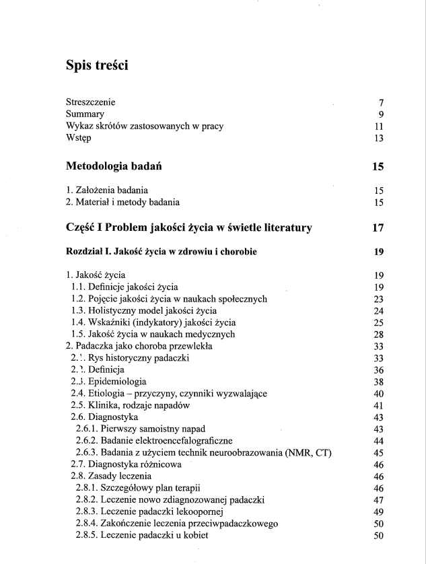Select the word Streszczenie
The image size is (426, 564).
click(91, 102)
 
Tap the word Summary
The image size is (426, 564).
click(85, 114)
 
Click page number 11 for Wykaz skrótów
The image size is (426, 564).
click(379, 127)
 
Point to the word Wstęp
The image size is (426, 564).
click(79, 139)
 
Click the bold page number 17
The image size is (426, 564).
click(378, 227)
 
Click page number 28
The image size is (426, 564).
click(378, 334)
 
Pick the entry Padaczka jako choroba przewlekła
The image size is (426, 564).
click(139, 347)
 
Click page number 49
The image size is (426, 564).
click(378, 511)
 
